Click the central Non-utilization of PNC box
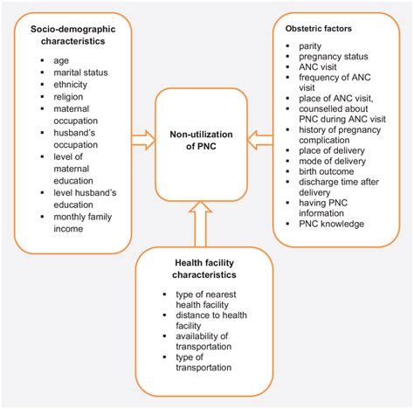tap(207, 142)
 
